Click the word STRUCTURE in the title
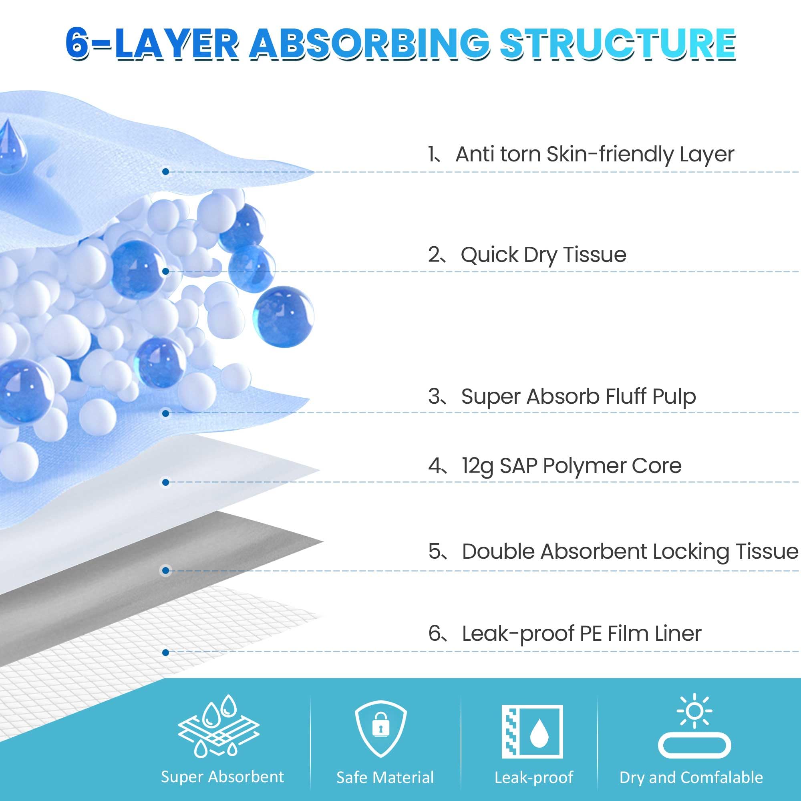click(x=618, y=44)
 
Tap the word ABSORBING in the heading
click(x=369, y=44)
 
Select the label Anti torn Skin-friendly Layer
click(x=594, y=154)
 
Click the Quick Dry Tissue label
click(x=543, y=255)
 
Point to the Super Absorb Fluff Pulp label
click(x=578, y=396)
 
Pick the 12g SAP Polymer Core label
click(x=572, y=466)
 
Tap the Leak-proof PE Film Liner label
click(x=581, y=634)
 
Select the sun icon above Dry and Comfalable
click(x=694, y=710)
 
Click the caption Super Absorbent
click(x=222, y=777)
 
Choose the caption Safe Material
click(x=385, y=777)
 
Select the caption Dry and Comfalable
click(x=691, y=777)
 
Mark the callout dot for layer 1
click(x=165, y=172)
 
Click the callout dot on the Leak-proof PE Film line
click(x=165, y=652)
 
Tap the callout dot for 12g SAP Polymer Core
click(x=165, y=482)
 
